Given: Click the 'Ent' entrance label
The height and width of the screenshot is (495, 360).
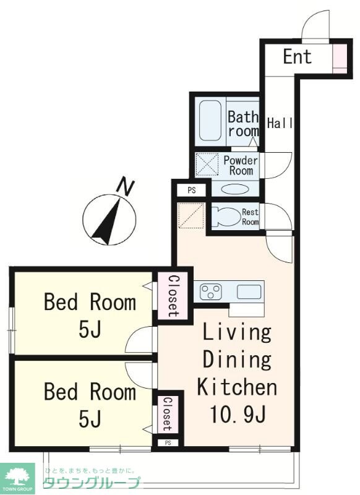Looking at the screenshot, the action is tap(297, 57).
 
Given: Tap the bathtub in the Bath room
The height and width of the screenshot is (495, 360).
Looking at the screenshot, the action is tap(210, 120).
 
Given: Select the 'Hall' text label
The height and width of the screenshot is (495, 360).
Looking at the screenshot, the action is tap(280, 123).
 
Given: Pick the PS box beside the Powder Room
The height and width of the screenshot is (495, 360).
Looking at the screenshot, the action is tap(192, 191).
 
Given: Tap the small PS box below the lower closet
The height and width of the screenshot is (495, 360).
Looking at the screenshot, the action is tap(168, 443).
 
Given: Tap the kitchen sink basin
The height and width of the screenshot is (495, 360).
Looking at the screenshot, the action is tap(249, 291).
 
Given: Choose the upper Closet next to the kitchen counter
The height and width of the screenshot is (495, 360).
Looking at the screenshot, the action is tap(173, 296).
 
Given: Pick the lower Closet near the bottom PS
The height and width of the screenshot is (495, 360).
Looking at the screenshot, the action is tap(166, 414).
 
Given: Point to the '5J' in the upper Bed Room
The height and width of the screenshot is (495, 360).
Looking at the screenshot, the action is tap(90, 330).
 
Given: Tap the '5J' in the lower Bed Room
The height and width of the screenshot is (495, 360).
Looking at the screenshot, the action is tap(90, 419).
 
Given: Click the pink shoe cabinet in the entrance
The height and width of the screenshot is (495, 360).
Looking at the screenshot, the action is tap(340, 59).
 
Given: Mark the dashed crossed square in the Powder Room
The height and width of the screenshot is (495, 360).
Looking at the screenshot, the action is tap(207, 163).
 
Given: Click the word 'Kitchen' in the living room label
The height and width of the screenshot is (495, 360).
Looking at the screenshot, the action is tap(237, 387).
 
